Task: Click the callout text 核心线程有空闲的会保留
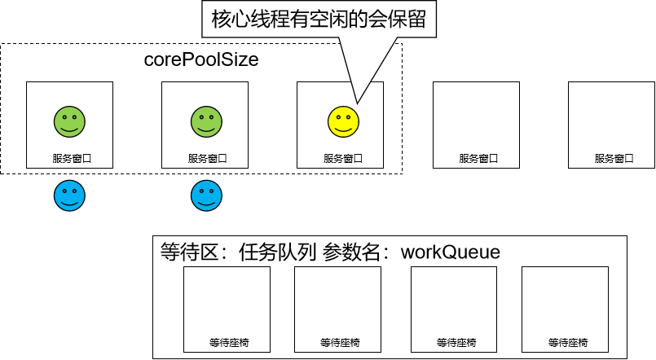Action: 319,20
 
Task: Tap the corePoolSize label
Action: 201,59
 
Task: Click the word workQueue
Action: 451,252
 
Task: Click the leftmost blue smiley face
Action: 70,195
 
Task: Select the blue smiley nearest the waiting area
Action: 207,195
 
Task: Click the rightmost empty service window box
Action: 612,125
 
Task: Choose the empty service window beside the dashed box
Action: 476,125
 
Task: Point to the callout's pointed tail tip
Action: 355,103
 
